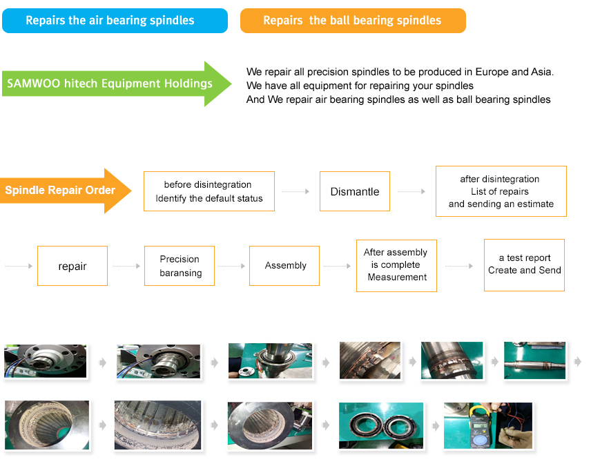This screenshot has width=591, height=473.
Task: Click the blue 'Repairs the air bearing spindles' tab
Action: tap(115, 21)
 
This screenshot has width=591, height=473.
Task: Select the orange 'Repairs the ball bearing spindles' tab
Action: tap(352, 21)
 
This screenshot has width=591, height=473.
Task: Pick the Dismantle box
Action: tap(354, 192)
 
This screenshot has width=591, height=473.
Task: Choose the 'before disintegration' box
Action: tap(209, 192)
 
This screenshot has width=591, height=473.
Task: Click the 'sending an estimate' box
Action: tap(501, 191)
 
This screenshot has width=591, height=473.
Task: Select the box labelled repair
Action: tap(72, 266)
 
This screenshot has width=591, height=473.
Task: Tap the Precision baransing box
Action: tap(180, 266)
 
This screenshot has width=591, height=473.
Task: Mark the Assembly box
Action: tap(284, 266)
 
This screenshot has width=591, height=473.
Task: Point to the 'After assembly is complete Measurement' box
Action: tap(397, 266)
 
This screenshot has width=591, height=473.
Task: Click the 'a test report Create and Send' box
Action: tap(524, 264)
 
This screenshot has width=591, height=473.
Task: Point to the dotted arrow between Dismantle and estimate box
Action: tap(412, 192)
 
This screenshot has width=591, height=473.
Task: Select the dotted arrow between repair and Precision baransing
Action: tap(126, 266)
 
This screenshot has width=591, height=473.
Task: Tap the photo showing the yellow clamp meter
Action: tap(487, 426)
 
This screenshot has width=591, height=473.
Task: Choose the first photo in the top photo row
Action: tap(46, 361)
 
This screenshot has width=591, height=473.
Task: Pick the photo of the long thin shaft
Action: tap(534, 361)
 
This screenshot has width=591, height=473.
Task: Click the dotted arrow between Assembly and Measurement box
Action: tap(338, 266)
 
